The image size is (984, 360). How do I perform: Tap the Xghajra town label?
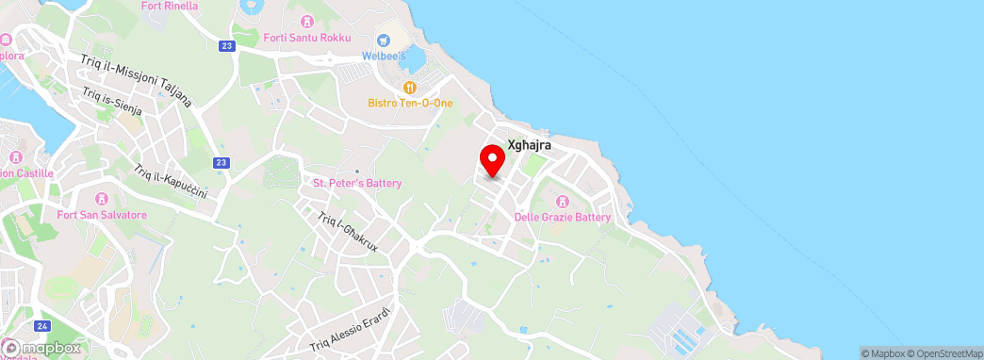pyautogui.click(x=529, y=146)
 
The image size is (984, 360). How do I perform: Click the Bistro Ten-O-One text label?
pyautogui.click(x=410, y=102)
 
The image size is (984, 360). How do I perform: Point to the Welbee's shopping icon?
pyautogui.click(x=384, y=40)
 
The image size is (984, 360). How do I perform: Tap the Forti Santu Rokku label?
pyautogui.click(x=307, y=38)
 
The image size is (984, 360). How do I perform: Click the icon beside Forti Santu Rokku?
pyautogui.click(x=305, y=21)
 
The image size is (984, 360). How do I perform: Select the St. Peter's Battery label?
pyautogui.click(x=357, y=183)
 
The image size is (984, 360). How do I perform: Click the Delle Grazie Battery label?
pyautogui.click(x=563, y=217)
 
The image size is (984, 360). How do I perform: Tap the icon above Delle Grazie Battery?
pyautogui.click(x=563, y=201)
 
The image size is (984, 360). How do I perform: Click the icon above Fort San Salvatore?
pyautogui.click(x=102, y=199)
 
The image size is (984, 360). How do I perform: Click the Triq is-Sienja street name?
pyautogui.click(x=111, y=101)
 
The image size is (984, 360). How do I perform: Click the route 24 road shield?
pyautogui.click(x=41, y=325)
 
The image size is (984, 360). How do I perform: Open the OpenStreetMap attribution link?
pyautogui.click(x=946, y=353)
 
